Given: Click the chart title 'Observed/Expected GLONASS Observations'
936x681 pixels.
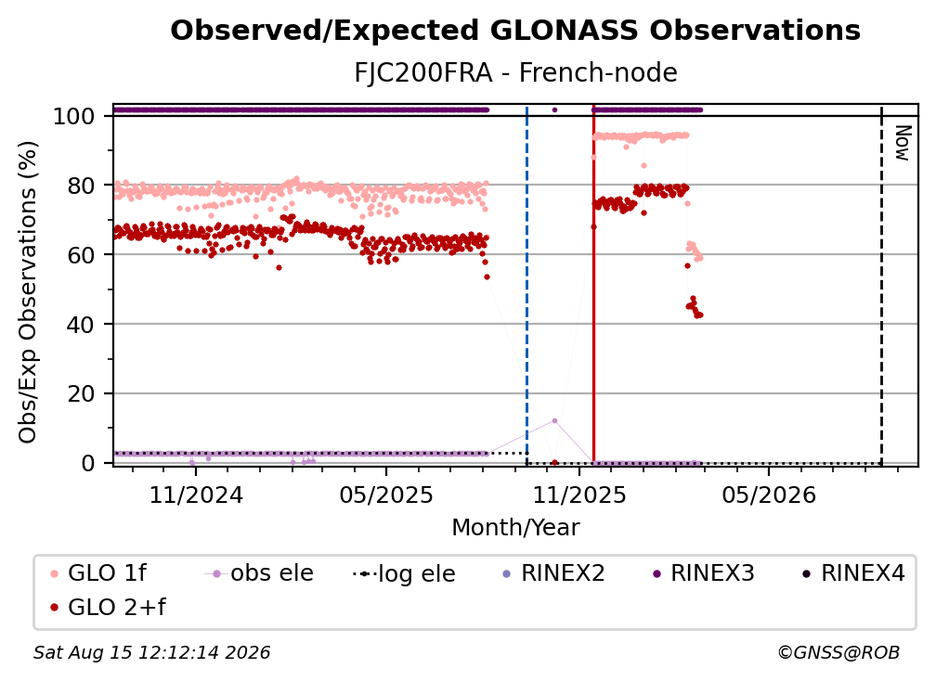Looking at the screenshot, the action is click(x=515, y=31).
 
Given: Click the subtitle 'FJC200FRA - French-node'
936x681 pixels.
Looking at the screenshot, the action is click(x=515, y=73).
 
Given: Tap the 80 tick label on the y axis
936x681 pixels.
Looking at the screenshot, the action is click(x=81, y=186).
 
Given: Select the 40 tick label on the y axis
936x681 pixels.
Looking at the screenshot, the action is click(x=81, y=325).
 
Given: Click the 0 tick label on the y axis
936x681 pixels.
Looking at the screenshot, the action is click(x=87, y=463).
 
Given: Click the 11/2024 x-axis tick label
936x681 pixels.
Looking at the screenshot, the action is click(x=196, y=495).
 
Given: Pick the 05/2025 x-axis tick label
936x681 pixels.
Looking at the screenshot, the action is click(x=386, y=495).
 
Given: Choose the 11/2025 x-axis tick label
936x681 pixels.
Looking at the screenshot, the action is click(x=579, y=495).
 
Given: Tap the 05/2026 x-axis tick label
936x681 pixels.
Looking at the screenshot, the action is click(x=769, y=495).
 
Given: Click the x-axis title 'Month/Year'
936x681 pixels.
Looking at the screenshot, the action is click(x=515, y=528).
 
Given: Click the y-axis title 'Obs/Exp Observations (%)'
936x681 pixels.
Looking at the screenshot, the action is click(x=28, y=291).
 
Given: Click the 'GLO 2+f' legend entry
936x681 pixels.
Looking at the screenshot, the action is click(x=108, y=608).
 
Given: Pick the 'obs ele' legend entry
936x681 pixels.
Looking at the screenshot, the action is click(x=259, y=573).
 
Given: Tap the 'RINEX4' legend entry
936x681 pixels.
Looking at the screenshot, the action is click(x=853, y=573).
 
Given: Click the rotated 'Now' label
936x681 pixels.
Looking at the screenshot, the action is click(x=903, y=143).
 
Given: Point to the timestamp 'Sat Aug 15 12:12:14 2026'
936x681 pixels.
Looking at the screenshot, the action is click(x=151, y=653).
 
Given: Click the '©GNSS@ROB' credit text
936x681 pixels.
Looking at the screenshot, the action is click(x=838, y=653).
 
